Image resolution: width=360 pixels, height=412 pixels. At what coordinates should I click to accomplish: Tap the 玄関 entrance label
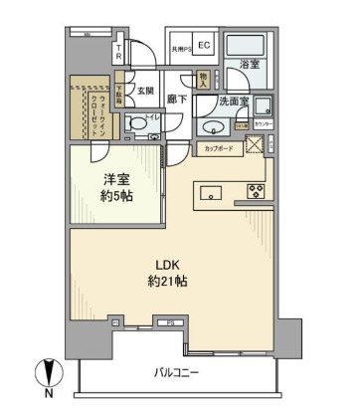(x=146, y=91)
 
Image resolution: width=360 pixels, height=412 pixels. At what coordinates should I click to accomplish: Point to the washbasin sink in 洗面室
(x=210, y=127)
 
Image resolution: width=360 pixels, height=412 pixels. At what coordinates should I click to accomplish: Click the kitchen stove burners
(x=256, y=191)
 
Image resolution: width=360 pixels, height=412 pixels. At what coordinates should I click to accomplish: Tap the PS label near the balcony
(x=170, y=322)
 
